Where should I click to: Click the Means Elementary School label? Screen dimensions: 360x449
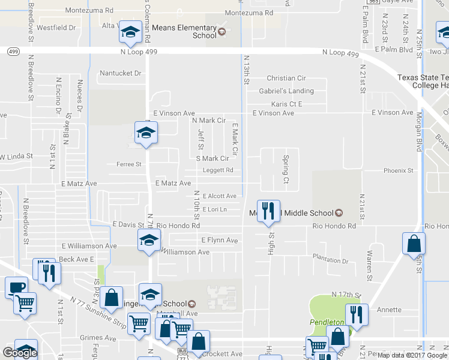(x=184, y=31)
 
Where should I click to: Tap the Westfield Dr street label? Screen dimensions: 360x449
(x=56, y=28)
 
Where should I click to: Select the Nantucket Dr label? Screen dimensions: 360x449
(x=119, y=73)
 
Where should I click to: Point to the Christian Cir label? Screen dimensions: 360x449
(x=286, y=78)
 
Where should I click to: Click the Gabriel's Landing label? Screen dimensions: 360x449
(x=286, y=91)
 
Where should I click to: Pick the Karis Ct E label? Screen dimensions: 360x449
(x=286, y=104)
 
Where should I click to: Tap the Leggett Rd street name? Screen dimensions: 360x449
(x=217, y=170)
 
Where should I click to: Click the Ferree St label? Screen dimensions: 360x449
(x=128, y=164)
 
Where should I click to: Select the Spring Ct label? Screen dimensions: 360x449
(x=286, y=170)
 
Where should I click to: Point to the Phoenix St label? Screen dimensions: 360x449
(x=399, y=170)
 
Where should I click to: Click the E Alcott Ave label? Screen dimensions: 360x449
(x=219, y=196)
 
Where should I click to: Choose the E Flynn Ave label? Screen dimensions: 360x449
(x=220, y=241)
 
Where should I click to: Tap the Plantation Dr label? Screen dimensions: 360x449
(x=330, y=261)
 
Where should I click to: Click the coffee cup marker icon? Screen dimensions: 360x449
(x=16, y=287)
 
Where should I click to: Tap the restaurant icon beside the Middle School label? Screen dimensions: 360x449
(x=268, y=211)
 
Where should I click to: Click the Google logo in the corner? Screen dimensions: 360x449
(x=20, y=352)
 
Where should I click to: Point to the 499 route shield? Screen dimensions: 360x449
(x=13, y=52)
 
